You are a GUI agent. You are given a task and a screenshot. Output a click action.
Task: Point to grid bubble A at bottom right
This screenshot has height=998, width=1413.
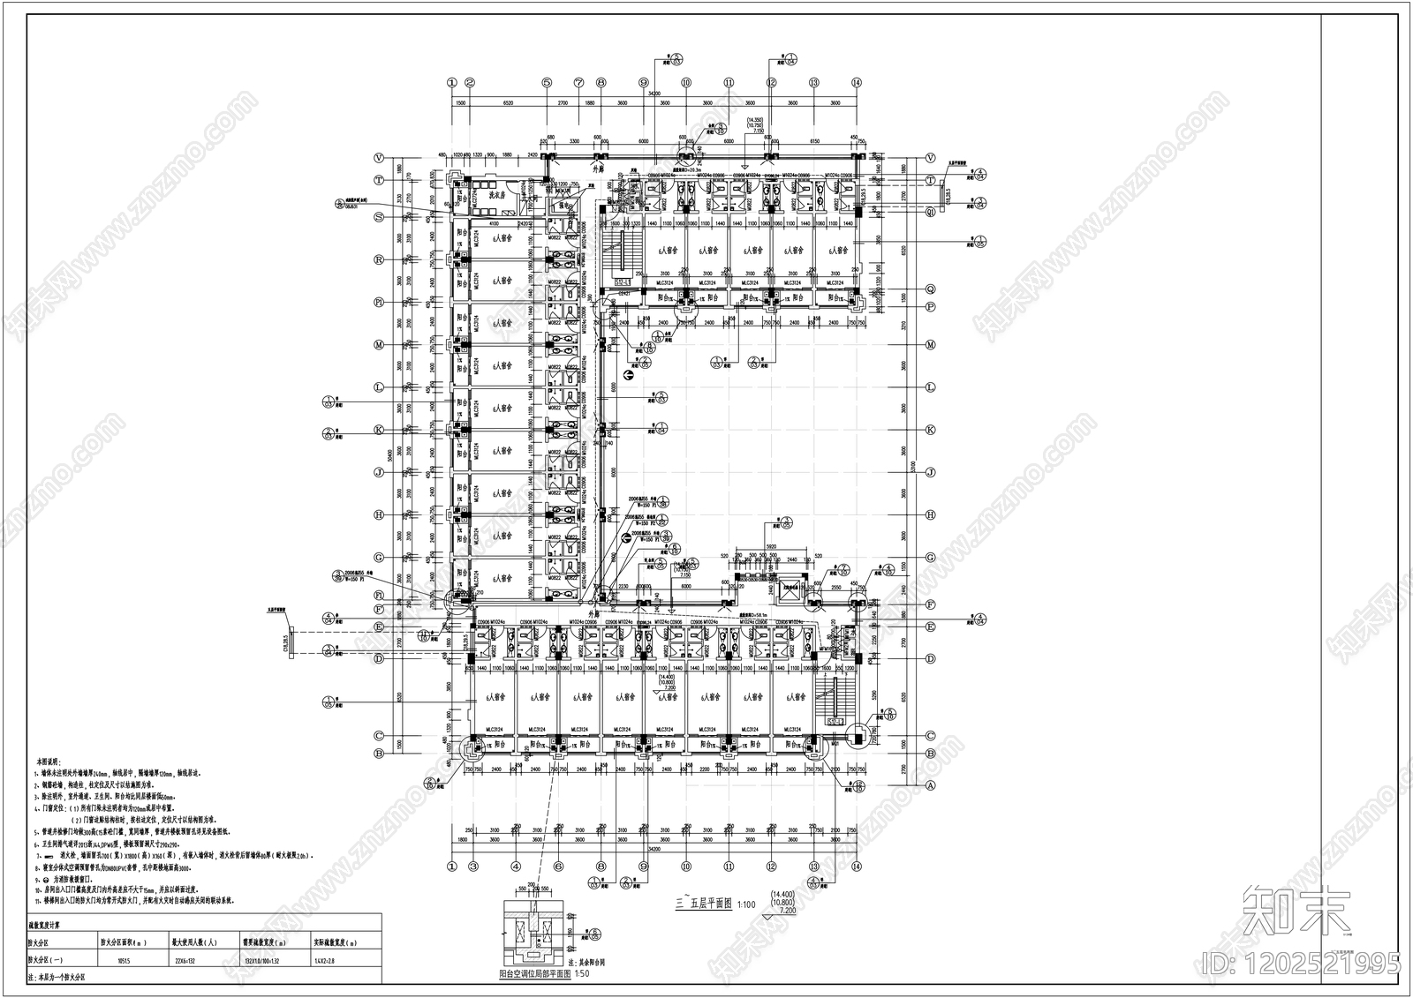pos(930,784)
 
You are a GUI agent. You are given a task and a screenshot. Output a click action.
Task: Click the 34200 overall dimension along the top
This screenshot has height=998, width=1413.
pos(654,91)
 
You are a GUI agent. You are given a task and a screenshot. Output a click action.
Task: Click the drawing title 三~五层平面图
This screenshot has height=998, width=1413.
pos(703,904)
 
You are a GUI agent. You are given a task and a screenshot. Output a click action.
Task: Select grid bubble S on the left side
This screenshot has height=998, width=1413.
pos(378,217)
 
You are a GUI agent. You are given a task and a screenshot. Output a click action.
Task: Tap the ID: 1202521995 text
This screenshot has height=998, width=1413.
pos(1299,962)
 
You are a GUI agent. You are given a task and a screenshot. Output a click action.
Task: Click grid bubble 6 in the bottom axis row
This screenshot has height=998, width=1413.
pos(557,867)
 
